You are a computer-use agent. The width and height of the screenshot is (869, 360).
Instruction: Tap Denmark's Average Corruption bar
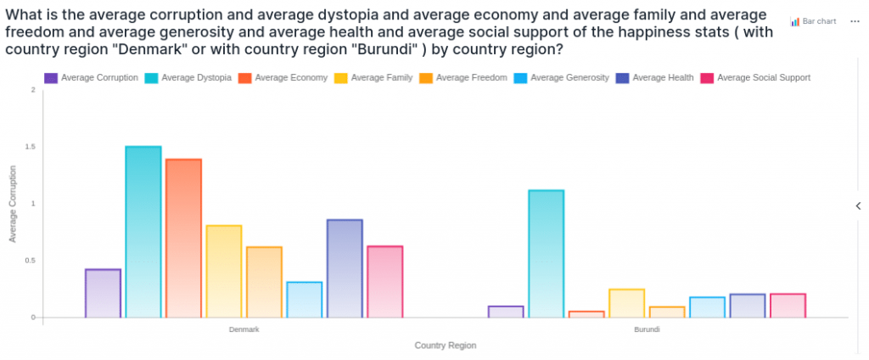pos(103,293)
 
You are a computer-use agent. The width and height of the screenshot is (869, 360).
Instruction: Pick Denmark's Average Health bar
pos(345,268)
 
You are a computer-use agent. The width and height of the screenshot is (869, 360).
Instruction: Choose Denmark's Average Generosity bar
pos(305,300)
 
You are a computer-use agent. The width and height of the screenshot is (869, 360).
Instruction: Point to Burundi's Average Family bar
pos(627,303)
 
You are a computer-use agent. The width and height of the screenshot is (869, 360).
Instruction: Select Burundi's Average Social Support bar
pos(788,306)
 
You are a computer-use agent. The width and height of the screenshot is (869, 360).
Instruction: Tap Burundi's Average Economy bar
pos(586,314)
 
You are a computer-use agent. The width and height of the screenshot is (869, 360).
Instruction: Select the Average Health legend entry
pos(659,77)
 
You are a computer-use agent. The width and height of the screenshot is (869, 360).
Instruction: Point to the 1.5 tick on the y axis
pos(31,147)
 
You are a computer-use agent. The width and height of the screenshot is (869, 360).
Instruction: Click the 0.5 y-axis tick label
pos(31,261)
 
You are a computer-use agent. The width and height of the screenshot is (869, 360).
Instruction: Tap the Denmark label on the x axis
pos(244,329)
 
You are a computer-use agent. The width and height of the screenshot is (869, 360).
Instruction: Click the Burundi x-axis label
pos(647,329)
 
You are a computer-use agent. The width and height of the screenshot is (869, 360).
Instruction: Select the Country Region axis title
pos(446,346)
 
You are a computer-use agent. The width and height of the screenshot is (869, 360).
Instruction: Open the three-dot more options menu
pos(855,21)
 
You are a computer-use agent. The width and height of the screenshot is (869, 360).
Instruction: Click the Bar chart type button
pos(814,21)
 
